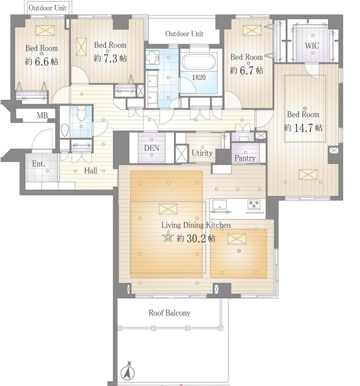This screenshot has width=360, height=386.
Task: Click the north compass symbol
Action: coord(127,371)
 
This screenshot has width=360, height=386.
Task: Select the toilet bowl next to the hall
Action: coord(81,113)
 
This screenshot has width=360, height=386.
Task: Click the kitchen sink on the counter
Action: coord(220,204)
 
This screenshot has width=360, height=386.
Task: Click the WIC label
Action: coord(312,46)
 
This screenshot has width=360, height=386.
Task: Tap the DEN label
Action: coord(152,148)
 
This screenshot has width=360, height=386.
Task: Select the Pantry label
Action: coord(245,158)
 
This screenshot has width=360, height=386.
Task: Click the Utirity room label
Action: coord(202,153)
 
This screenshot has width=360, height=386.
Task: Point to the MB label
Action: coord(42,115)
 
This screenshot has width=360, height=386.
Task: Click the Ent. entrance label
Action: coord(39,164)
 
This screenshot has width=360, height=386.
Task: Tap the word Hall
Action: coord(91,170)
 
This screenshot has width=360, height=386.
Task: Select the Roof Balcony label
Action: coord(170,313)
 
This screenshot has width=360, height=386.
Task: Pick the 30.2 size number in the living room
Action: coord(196,238)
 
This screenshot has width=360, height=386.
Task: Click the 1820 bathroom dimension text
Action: coord(199,77)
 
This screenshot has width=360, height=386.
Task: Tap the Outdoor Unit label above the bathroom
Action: coord(184,33)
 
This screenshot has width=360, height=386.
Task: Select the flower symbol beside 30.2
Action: coord(168,237)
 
